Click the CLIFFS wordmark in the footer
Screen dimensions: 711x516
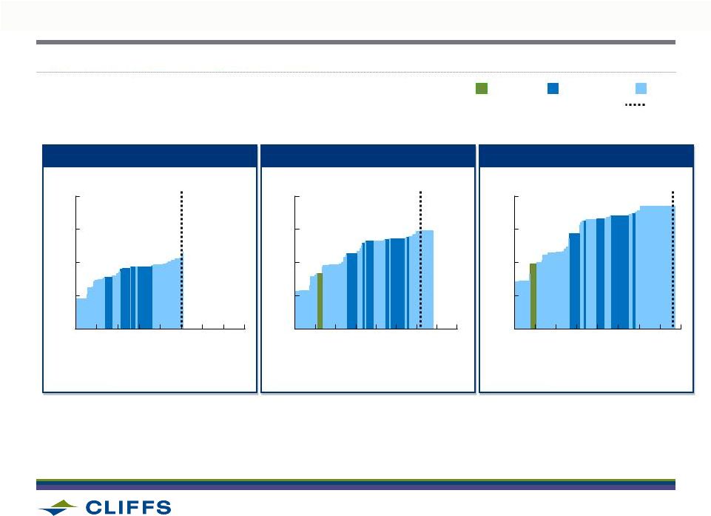pos(128,507)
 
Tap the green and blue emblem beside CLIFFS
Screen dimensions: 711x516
pos(58,507)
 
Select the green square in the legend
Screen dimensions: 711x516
pos(482,89)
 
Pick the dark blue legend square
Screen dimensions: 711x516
pos(553,89)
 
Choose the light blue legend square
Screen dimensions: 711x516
pos(641,89)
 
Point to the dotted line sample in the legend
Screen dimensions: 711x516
pos(635,105)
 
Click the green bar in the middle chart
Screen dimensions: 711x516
pos(320,301)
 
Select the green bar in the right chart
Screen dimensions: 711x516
pos(533,296)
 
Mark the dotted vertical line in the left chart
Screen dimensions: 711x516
pos(182,259)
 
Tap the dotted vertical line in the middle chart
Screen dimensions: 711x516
pos(420,259)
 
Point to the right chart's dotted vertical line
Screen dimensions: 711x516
pos(673,259)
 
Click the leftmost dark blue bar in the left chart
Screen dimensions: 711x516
pos(108,303)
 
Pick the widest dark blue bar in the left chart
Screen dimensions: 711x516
pos(145,298)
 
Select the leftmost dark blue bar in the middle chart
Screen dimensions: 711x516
pos(352,291)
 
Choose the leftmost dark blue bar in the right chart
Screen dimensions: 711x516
pos(575,281)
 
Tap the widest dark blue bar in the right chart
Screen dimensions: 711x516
pos(620,272)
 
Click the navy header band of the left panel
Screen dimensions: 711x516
pos(149,156)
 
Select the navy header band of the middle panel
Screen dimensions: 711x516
pos(368,156)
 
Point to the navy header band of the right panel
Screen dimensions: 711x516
pos(586,156)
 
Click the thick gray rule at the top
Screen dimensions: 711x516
pos(355,42)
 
